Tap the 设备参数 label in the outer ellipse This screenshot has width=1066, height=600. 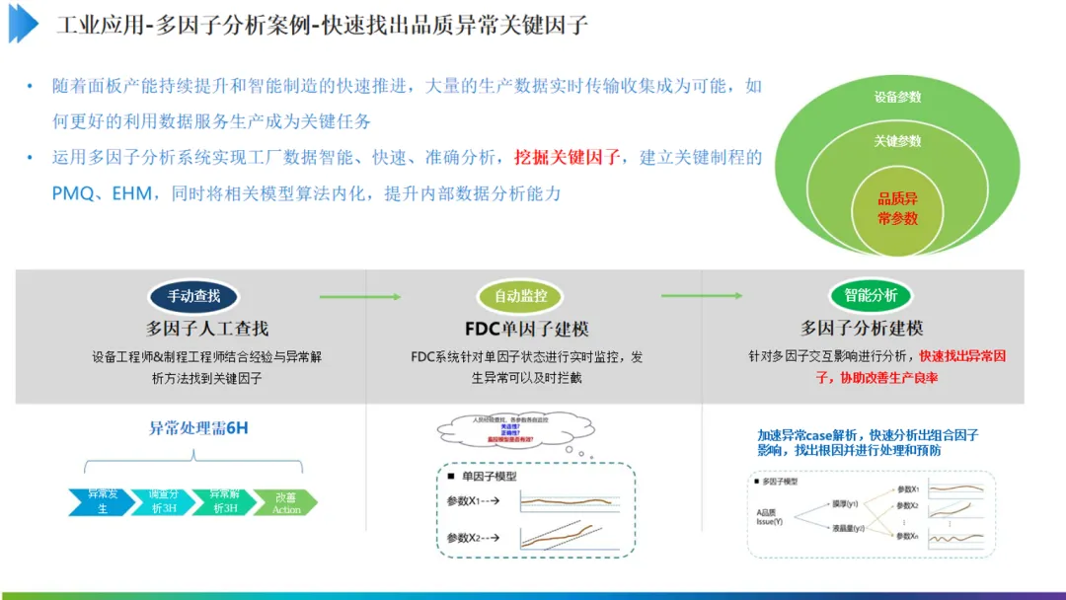tap(897, 97)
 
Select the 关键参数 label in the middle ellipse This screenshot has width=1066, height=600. tap(897, 141)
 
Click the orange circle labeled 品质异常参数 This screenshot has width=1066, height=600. tap(897, 208)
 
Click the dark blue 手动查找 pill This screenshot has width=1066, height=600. tap(193, 295)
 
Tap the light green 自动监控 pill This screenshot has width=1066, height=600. tap(520, 295)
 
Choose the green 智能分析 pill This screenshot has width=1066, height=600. tap(871, 295)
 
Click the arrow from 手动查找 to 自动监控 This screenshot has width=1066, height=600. tap(359, 296)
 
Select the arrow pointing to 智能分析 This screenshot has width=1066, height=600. tap(701, 295)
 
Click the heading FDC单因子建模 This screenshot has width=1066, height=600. tap(526, 329)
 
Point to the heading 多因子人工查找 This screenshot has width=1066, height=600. tap(207, 329)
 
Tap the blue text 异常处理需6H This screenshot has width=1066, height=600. tap(198, 428)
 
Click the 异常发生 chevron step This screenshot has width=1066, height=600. tap(102, 501)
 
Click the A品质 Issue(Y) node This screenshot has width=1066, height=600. tap(769, 517)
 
